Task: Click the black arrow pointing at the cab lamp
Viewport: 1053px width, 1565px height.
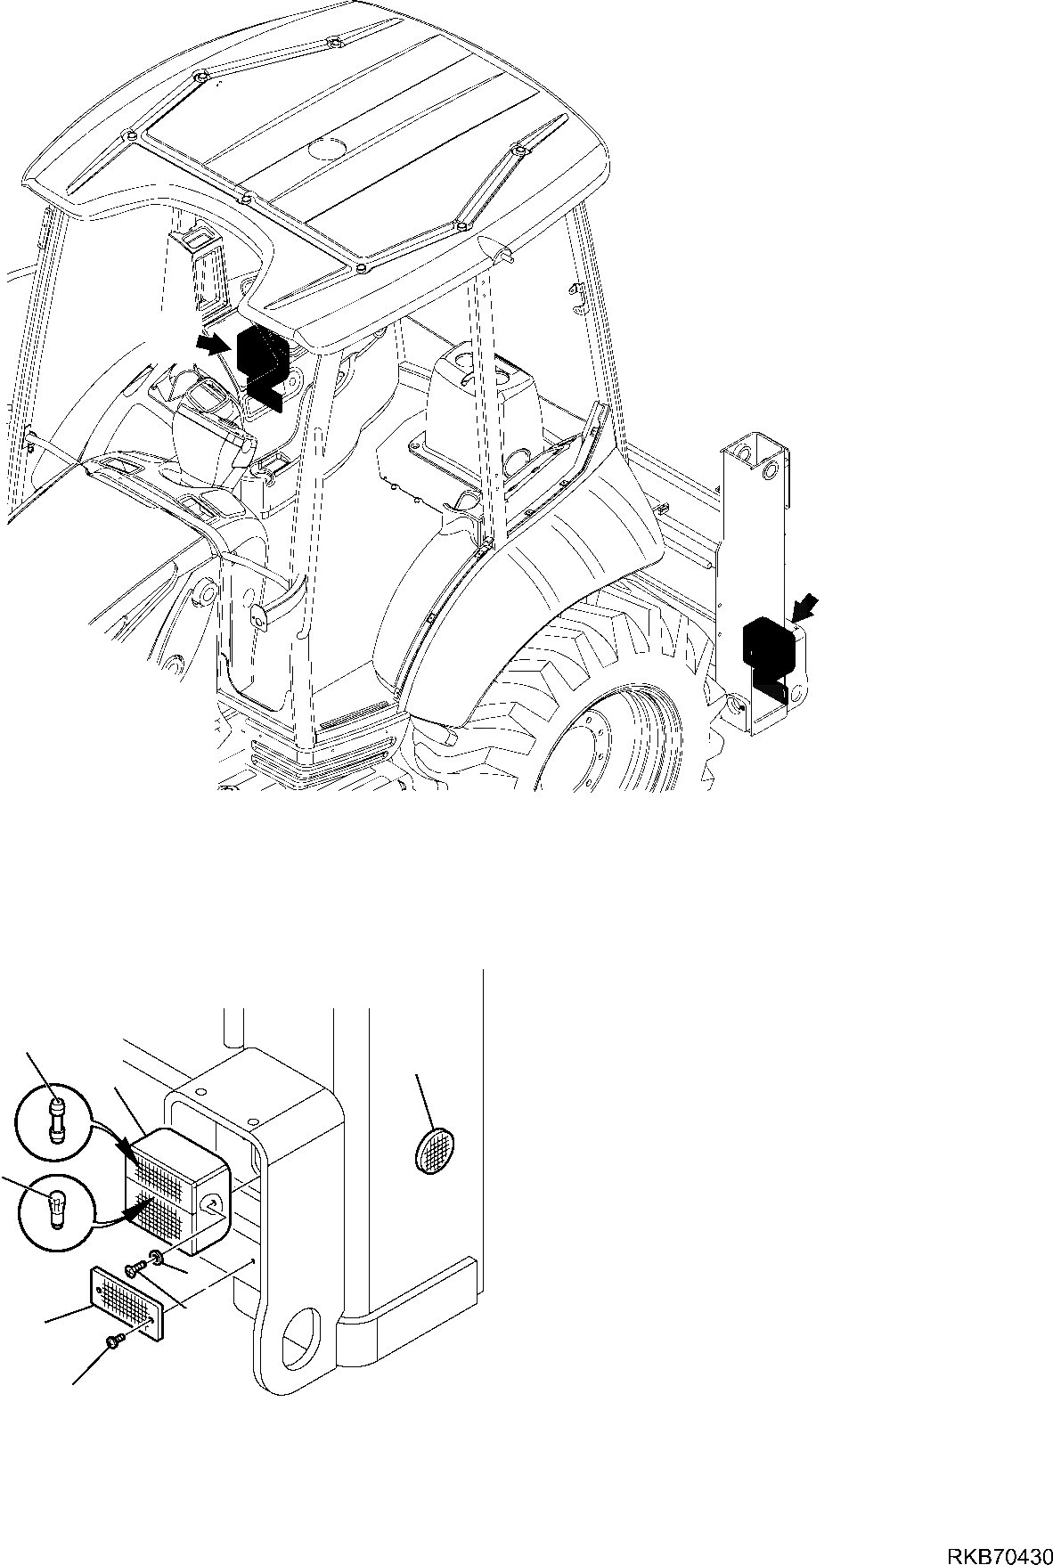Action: pos(210,344)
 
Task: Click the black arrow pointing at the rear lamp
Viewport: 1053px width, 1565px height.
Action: pos(804,608)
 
